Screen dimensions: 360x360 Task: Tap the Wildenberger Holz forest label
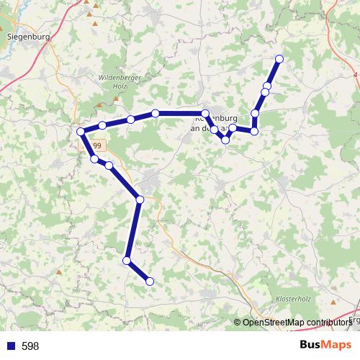tap(115, 81)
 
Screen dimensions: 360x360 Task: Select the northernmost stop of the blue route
tap(279, 59)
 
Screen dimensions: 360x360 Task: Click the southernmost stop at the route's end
tap(150, 282)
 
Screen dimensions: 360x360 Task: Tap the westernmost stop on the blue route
tap(81, 132)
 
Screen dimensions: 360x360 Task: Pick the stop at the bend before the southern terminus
tap(127, 260)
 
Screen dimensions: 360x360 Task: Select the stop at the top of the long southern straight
tap(140, 199)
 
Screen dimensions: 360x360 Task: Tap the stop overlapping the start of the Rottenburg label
tap(205, 114)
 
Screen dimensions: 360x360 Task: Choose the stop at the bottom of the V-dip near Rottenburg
tap(226, 140)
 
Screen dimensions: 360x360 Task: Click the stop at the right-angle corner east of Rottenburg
tap(254, 131)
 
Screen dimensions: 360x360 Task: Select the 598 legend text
tap(30, 346)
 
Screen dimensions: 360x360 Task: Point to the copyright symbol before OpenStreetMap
tap(238, 323)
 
